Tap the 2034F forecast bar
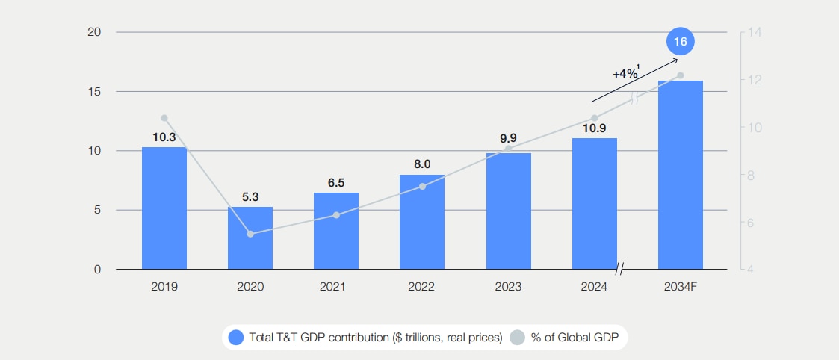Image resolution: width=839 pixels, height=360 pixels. point(680,175)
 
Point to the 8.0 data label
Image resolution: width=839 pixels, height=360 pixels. point(422,164)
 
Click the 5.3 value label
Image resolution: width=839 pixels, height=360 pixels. point(250,197)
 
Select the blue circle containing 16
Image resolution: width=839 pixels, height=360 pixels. point(680,41)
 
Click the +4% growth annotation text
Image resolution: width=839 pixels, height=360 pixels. point(625,74)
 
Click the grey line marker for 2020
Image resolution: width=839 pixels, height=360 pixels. point(250,234)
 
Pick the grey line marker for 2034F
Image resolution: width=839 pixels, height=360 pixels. point(680,75)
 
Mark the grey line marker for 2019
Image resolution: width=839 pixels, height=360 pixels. point(164,118)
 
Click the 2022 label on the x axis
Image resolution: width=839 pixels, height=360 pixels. point(422,286)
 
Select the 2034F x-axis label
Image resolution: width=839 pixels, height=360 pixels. point(680,286)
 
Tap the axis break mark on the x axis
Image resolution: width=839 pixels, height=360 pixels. point(619,269)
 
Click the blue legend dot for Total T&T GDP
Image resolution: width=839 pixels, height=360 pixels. point(236,338)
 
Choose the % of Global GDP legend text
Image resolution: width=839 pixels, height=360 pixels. point(575,338)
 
